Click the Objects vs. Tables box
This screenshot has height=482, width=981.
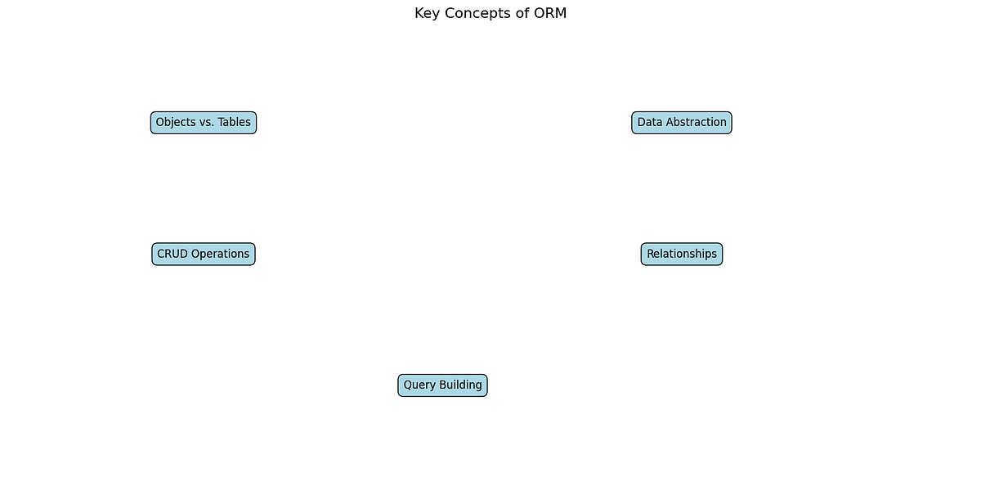coord(204,123)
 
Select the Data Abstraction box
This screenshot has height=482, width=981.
coord(682,123)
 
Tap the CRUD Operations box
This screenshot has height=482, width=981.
coord(204,255)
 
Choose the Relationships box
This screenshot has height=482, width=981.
coord(682,255)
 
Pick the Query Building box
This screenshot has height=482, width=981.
coord(442,385)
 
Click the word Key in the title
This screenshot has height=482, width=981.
coord(428,13)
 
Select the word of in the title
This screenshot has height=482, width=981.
coord(522,13)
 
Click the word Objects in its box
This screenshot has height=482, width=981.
coord(176,123)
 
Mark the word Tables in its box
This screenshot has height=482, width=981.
coord(235,123)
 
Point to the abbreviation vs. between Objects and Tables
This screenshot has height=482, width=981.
coord(207,123)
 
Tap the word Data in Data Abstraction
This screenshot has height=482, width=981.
coord(650,123)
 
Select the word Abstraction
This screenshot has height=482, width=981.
coord(697,123)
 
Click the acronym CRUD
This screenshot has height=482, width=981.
coord(172,255)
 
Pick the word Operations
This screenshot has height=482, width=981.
coord(220,255)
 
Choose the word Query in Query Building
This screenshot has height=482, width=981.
coord(419,385)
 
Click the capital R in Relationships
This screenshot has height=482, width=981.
coord(651,255)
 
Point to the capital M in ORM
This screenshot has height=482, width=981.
coord(560,13)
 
